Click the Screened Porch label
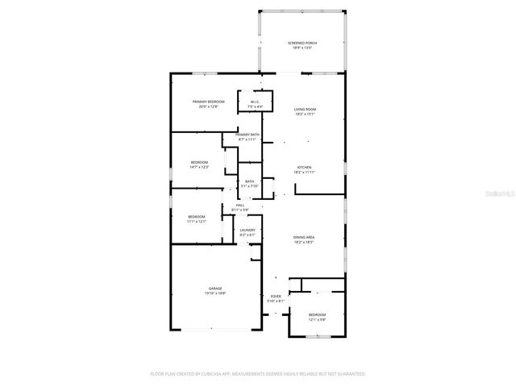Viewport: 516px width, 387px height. click(302, 42)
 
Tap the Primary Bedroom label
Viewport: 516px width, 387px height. click(208, 102)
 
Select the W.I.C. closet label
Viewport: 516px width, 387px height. click(254, 101)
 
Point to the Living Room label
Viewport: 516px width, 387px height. click(304, 109)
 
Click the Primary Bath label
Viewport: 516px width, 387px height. click(248, 135)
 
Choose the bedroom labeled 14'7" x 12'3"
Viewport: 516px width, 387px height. click(199, 162)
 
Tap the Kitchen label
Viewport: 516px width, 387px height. click(303, 167)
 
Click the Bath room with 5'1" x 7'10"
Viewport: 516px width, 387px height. click(249, 181)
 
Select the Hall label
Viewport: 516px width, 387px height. click(239, 205)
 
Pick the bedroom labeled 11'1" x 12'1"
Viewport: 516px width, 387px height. click(197, 216)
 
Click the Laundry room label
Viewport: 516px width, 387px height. click(247, 230)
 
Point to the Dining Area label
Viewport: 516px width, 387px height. click(303, 237)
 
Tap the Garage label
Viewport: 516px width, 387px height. click(215, 288)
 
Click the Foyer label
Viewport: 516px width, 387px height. click(276, 297)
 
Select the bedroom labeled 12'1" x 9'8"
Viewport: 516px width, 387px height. click(317, 314)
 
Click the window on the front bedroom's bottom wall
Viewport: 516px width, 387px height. click(318, 335)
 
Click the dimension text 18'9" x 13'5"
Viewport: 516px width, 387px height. click(302, 48)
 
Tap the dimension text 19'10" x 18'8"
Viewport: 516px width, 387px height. click(215, 293)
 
